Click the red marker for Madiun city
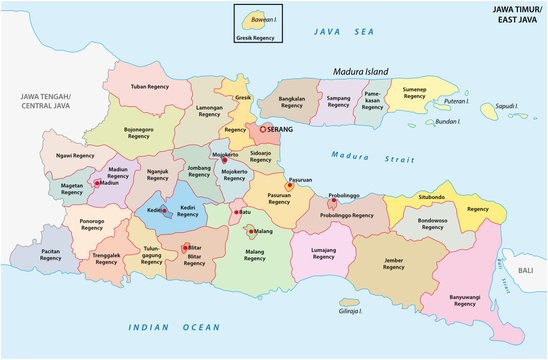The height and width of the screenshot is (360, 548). click(97, 183)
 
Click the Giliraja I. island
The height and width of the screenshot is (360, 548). click(348, 302)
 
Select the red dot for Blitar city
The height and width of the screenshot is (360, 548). click(184, 246)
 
